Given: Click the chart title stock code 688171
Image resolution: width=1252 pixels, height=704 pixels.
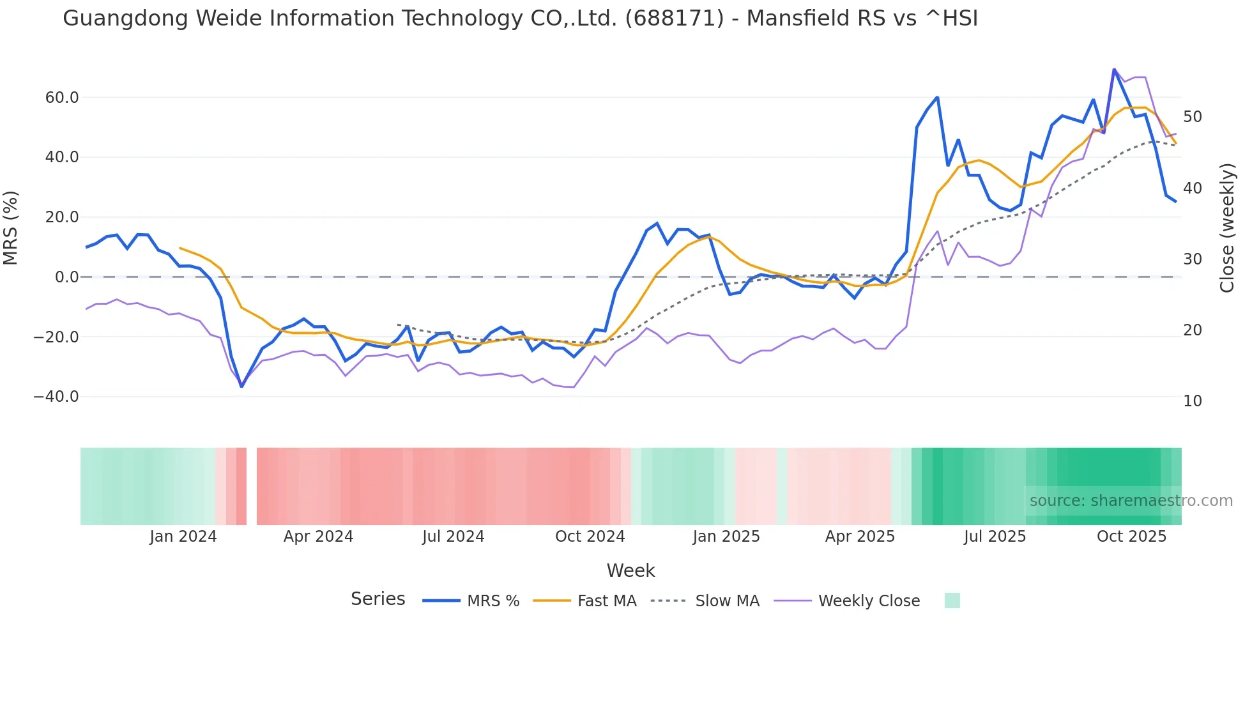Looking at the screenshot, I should pos(675,19).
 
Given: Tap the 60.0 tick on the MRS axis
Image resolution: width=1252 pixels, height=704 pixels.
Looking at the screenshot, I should pos(62,98).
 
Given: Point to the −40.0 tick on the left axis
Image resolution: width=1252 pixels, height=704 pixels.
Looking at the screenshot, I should pos(56,397).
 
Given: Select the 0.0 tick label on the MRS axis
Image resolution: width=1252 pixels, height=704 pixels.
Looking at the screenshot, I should pos(67,277).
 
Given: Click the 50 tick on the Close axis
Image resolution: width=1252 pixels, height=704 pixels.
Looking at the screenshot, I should pos(1193,117).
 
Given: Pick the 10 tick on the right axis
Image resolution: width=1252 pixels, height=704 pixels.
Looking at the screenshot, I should pos(1193,401).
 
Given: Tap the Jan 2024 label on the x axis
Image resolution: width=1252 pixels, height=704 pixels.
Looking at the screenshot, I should pos(183,537).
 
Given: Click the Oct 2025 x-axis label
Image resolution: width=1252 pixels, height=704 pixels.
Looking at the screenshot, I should pos(1131,537).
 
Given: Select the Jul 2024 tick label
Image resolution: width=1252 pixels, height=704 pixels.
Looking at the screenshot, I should pos(454,537).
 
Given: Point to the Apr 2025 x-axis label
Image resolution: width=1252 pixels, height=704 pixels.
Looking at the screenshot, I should pos(860,537).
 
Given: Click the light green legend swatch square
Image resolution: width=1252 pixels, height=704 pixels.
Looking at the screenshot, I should pos(952,601).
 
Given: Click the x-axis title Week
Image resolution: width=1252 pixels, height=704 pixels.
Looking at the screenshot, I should pos(630,570).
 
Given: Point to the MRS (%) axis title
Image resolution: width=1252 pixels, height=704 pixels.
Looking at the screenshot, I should pos(11,227).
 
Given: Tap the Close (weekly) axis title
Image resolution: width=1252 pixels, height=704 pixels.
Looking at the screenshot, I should pos(1227,227).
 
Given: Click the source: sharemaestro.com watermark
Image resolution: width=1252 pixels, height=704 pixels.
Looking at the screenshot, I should pos(1131,501).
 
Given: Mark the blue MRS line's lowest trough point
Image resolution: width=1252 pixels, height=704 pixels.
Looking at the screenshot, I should pos(241,386).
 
